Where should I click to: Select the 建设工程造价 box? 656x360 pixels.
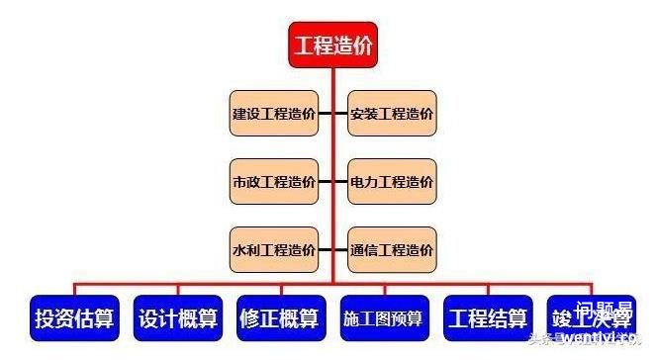pyautogui.click(x=274, y=115)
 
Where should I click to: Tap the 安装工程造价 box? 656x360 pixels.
pyautogui.click(x=392, y=115)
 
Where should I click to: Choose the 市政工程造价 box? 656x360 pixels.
pyautogui.click(x=274, y=182)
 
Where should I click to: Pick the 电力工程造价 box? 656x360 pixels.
pyautogui.click(x=392, y=182)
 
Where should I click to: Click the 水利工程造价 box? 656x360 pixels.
pyautogui.click(x=274, y=250)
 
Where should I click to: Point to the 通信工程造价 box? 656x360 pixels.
pyautogui.click(x=392, y=250)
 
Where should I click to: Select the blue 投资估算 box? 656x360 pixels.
pyautogui.click(x=74, y=318)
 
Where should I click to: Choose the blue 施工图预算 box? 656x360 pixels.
pyautogui.click(x=383, y=318)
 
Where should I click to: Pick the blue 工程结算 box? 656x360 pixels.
pyautogui.click(x=488, y=318)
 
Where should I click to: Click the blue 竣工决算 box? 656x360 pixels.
pyautogui.click(x=592, y=318)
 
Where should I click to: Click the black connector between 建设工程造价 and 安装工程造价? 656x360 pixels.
pyautogui.click(x=332, y=115)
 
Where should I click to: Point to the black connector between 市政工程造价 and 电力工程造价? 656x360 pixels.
pyautogui.click(x=332, y=182)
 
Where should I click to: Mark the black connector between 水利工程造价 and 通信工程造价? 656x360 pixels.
pyautogui.click(x=332, y=250)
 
